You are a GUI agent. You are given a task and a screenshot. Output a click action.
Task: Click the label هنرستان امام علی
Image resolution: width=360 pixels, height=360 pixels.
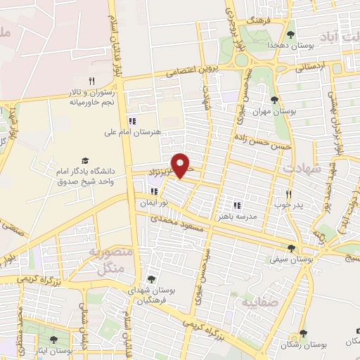click(132, 131)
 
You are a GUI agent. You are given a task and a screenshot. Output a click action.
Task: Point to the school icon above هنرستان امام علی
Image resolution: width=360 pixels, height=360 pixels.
click(132, 121)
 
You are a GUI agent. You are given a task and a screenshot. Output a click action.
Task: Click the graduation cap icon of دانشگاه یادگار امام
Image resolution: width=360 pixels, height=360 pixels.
click(86, 161)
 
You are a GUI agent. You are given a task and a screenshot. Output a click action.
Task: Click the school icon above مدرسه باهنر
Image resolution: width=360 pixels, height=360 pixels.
click(238, 206)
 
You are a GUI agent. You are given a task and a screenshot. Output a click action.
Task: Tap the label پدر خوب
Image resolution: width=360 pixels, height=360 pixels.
click(288, 205)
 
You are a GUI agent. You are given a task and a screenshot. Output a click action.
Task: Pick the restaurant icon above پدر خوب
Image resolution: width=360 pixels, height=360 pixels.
click(288, 194)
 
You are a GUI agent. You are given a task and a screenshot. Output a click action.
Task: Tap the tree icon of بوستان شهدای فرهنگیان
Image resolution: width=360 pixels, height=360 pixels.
click(151, 279)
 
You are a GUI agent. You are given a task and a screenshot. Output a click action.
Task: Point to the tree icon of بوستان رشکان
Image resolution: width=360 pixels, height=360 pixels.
click(303, 334)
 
